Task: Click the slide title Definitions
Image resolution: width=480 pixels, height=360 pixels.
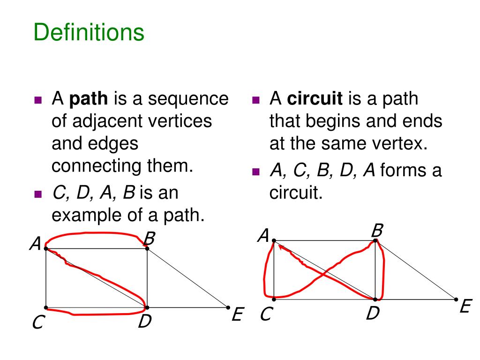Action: tap(89, 33)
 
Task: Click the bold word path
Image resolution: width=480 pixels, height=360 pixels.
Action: tap(89, 99)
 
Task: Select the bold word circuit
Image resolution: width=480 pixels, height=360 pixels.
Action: tap(315, 99)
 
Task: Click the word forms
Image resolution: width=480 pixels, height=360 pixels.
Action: tap(398, 171)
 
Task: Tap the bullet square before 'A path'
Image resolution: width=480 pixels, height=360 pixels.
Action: tap(38, 100)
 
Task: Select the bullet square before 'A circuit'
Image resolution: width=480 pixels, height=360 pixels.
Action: tap(255, 100)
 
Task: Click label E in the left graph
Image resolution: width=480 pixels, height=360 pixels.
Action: tap(237, 315)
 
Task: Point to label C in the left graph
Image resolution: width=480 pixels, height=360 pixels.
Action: tap(38, 322)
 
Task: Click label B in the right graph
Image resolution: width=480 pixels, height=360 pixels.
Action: tap(377, 231)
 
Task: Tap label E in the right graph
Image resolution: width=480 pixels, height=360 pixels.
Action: tap(465, 307)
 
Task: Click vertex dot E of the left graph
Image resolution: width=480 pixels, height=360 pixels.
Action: tap(228, 307)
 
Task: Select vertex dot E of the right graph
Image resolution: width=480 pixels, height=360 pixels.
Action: tap(456, 299)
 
